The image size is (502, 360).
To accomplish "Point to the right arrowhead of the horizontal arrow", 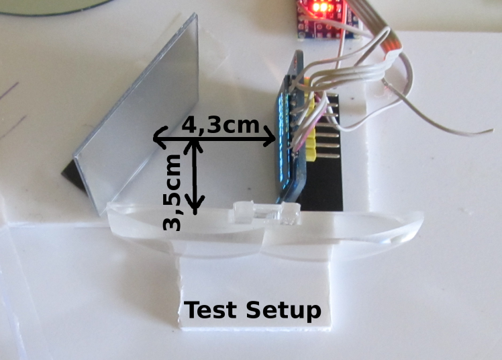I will coord(271,140).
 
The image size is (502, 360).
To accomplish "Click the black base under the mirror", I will coord(73,179).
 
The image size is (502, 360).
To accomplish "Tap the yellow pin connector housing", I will coord(309,121).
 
